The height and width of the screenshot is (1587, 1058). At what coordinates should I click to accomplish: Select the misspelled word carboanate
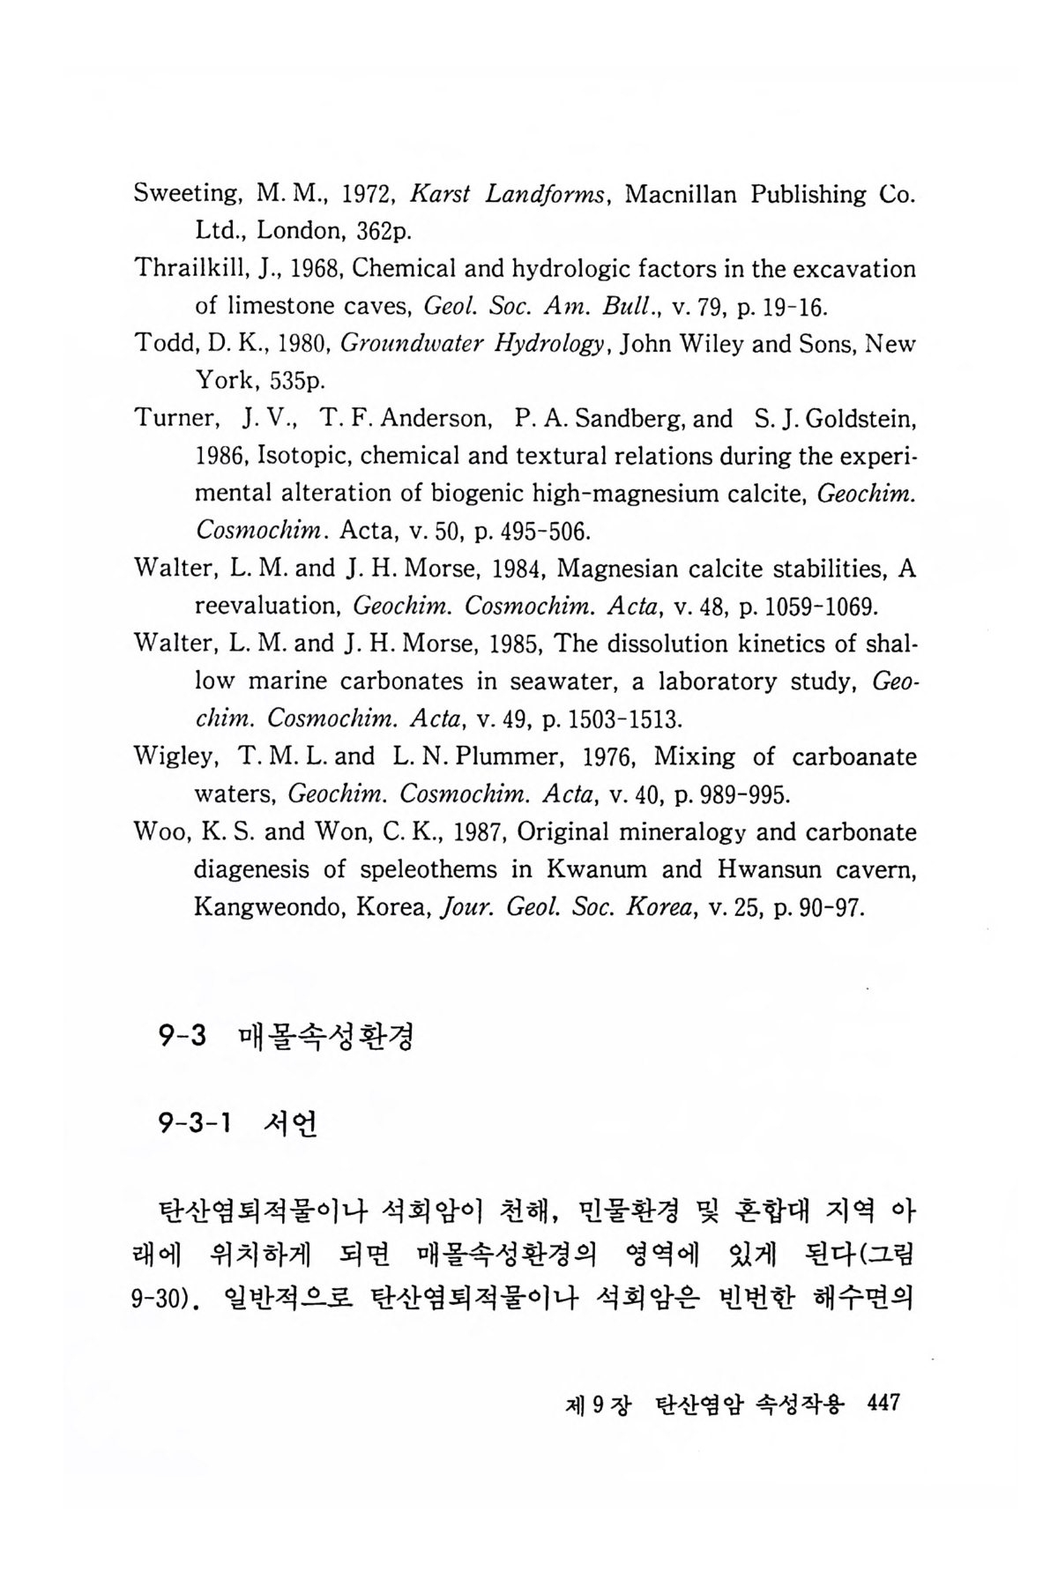(x=854, y=756)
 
